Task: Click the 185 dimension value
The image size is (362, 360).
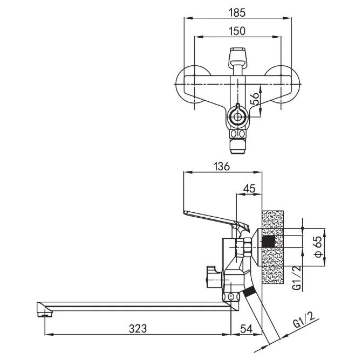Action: [x=237, y=12]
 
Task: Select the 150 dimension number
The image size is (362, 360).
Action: [x=237, y=31]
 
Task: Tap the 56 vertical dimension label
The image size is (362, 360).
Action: [x=254, y=99]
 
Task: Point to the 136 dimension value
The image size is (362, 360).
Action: [x=222, y=167]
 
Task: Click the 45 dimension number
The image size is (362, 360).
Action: [x=250, y=189]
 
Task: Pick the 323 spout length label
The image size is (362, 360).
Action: [x=138, y=328]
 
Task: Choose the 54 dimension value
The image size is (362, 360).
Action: [x=247, y=328]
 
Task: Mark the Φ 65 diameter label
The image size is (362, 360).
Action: [x=318, y=247]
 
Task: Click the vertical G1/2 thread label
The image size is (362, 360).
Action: [x=297, y=278]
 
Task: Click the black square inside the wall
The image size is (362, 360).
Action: [x=269, y=241]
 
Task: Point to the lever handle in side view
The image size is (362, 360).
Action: [x=216, y=221]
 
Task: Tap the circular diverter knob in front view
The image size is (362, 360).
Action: [x=237, y=117]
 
